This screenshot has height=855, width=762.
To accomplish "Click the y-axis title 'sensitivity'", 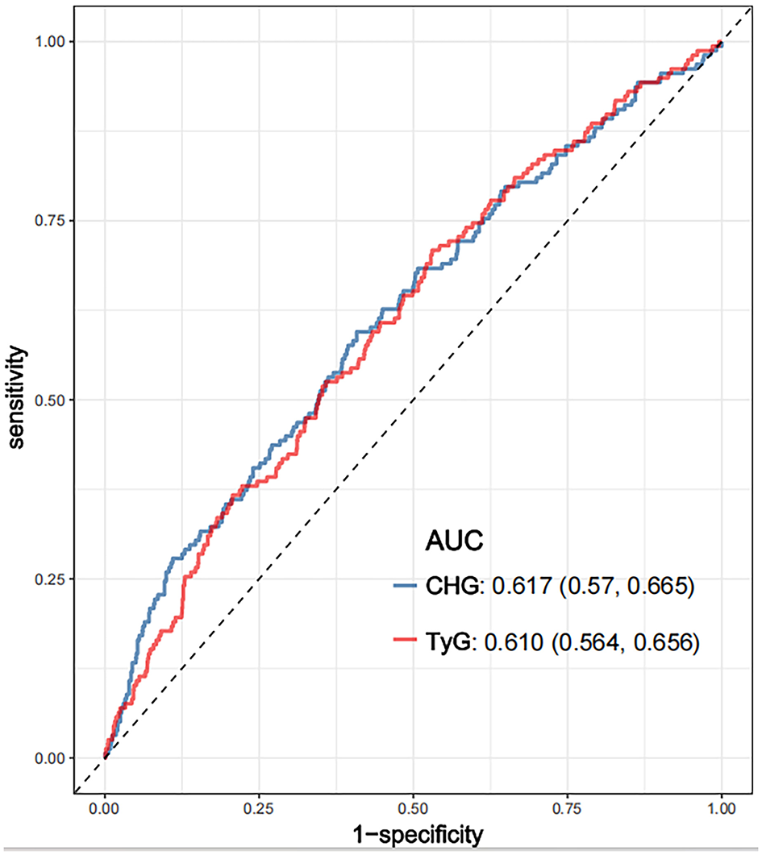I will tap(18, 399).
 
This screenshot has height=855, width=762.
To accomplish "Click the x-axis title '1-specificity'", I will tap(414, 834).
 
